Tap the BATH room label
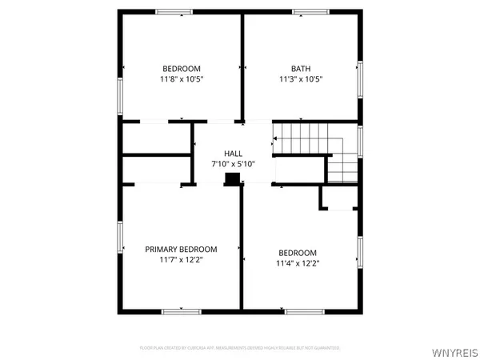click(301, 69)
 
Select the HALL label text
click(233, 154)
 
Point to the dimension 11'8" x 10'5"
click(182, 79)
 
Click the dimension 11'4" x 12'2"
click(298, 263)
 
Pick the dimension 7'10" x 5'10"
click(233, 164)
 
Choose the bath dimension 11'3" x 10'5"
click(301, 79)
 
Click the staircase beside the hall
click(314, 152)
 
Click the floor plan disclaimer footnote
click(240, 348)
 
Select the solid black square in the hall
click(233, 178)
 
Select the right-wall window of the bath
click(361, 80)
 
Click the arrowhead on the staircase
click(275, 138)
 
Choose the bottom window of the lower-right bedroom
click(303, 310)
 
